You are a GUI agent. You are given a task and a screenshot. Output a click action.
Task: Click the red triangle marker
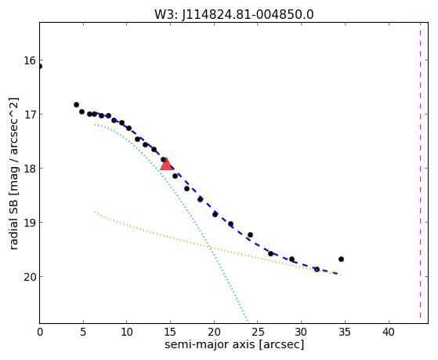tap(166, 164)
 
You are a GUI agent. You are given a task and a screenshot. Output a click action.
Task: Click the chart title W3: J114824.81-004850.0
tap(234, 15)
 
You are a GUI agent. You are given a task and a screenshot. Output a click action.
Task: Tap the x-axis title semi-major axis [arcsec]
tap(234, 344)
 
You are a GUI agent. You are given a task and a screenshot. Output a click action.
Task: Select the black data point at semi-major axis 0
tap(40, 67)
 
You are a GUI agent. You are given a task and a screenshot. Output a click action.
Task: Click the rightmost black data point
tap(341, 260)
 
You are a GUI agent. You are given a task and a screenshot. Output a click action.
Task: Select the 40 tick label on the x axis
tap(389, 333)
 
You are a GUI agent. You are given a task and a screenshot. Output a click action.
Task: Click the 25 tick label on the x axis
tap(258, 333)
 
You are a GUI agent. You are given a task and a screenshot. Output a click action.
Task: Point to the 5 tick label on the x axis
tap(83, 333)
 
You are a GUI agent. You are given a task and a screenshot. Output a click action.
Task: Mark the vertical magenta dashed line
tap(420, 173)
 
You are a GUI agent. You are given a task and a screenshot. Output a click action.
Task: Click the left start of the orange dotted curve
tap(95, 212)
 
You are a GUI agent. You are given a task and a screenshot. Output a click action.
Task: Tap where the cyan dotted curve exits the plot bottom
tap(248, 322)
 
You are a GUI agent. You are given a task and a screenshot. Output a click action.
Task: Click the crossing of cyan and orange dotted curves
tap(209, 247)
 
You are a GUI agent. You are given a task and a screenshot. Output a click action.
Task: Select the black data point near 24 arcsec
tap(250, 235)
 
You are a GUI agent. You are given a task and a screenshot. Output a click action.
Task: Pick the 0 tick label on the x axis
tap(40, 333)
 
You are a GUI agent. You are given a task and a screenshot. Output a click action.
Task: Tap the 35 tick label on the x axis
tap(345, 333)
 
